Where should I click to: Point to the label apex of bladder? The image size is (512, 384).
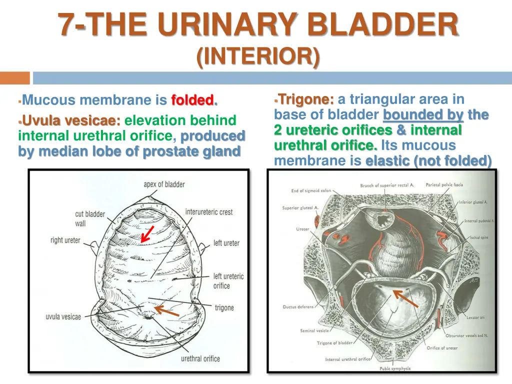(164, 184)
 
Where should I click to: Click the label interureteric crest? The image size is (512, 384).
(209, 212)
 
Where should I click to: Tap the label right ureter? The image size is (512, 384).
(65, 240)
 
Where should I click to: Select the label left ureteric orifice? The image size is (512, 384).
(228, 281)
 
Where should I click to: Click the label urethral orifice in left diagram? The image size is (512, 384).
(200, 358)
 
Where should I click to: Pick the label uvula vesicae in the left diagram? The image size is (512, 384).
(63, 316)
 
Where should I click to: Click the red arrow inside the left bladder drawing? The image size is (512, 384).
(147, 234)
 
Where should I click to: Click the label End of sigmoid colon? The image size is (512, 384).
(311, 190)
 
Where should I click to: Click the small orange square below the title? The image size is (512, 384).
(15, 78)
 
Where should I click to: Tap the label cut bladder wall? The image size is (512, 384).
(90, 218)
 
